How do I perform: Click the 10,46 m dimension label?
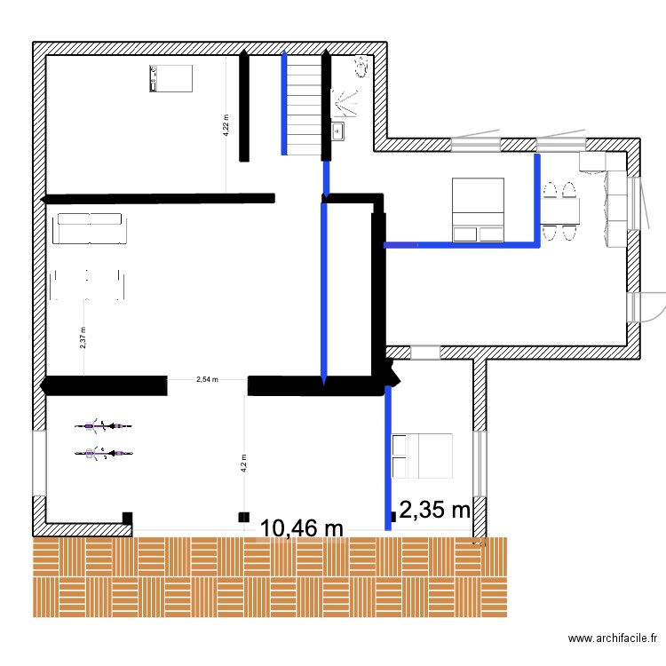[x=301, y=529]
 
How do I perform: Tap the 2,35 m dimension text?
[x=434, y=510]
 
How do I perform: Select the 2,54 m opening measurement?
[x=206, y=379]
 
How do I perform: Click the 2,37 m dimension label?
[x=83, y=337]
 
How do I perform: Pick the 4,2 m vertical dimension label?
[x=243, y=464]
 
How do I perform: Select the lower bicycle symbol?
[x=105, y=454]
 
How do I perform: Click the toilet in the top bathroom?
[x=361, y=67]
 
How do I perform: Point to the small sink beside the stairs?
[x=337, y=131]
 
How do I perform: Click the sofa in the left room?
[x=90, y=228]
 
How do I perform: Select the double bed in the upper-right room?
[x=479, y=210]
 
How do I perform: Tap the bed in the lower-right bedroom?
[x=422, y=456]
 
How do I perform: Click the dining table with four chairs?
[x=559, y=211]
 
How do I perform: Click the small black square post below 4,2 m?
[x=243, y=516]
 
